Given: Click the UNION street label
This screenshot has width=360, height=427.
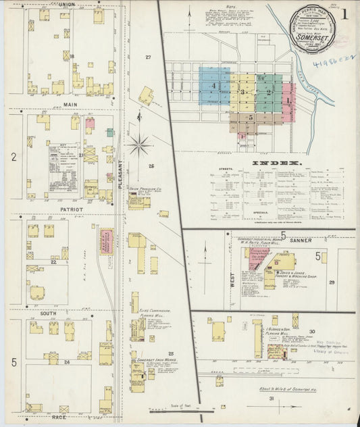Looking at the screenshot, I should coord(67,5).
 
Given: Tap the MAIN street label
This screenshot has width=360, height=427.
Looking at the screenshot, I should coord(70,105).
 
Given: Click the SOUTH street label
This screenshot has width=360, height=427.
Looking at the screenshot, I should coord(48,313).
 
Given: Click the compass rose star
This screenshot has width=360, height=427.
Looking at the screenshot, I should coord(140,144).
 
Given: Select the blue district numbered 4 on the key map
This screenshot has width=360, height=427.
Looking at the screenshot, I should coord(214,86).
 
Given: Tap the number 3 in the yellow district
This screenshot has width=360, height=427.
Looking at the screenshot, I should coord(242,91).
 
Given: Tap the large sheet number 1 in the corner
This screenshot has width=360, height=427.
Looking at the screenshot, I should coord(344,14).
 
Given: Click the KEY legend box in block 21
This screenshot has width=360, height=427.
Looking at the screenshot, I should coord(64,162).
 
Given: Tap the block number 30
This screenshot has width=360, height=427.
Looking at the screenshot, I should coord(311,331).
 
